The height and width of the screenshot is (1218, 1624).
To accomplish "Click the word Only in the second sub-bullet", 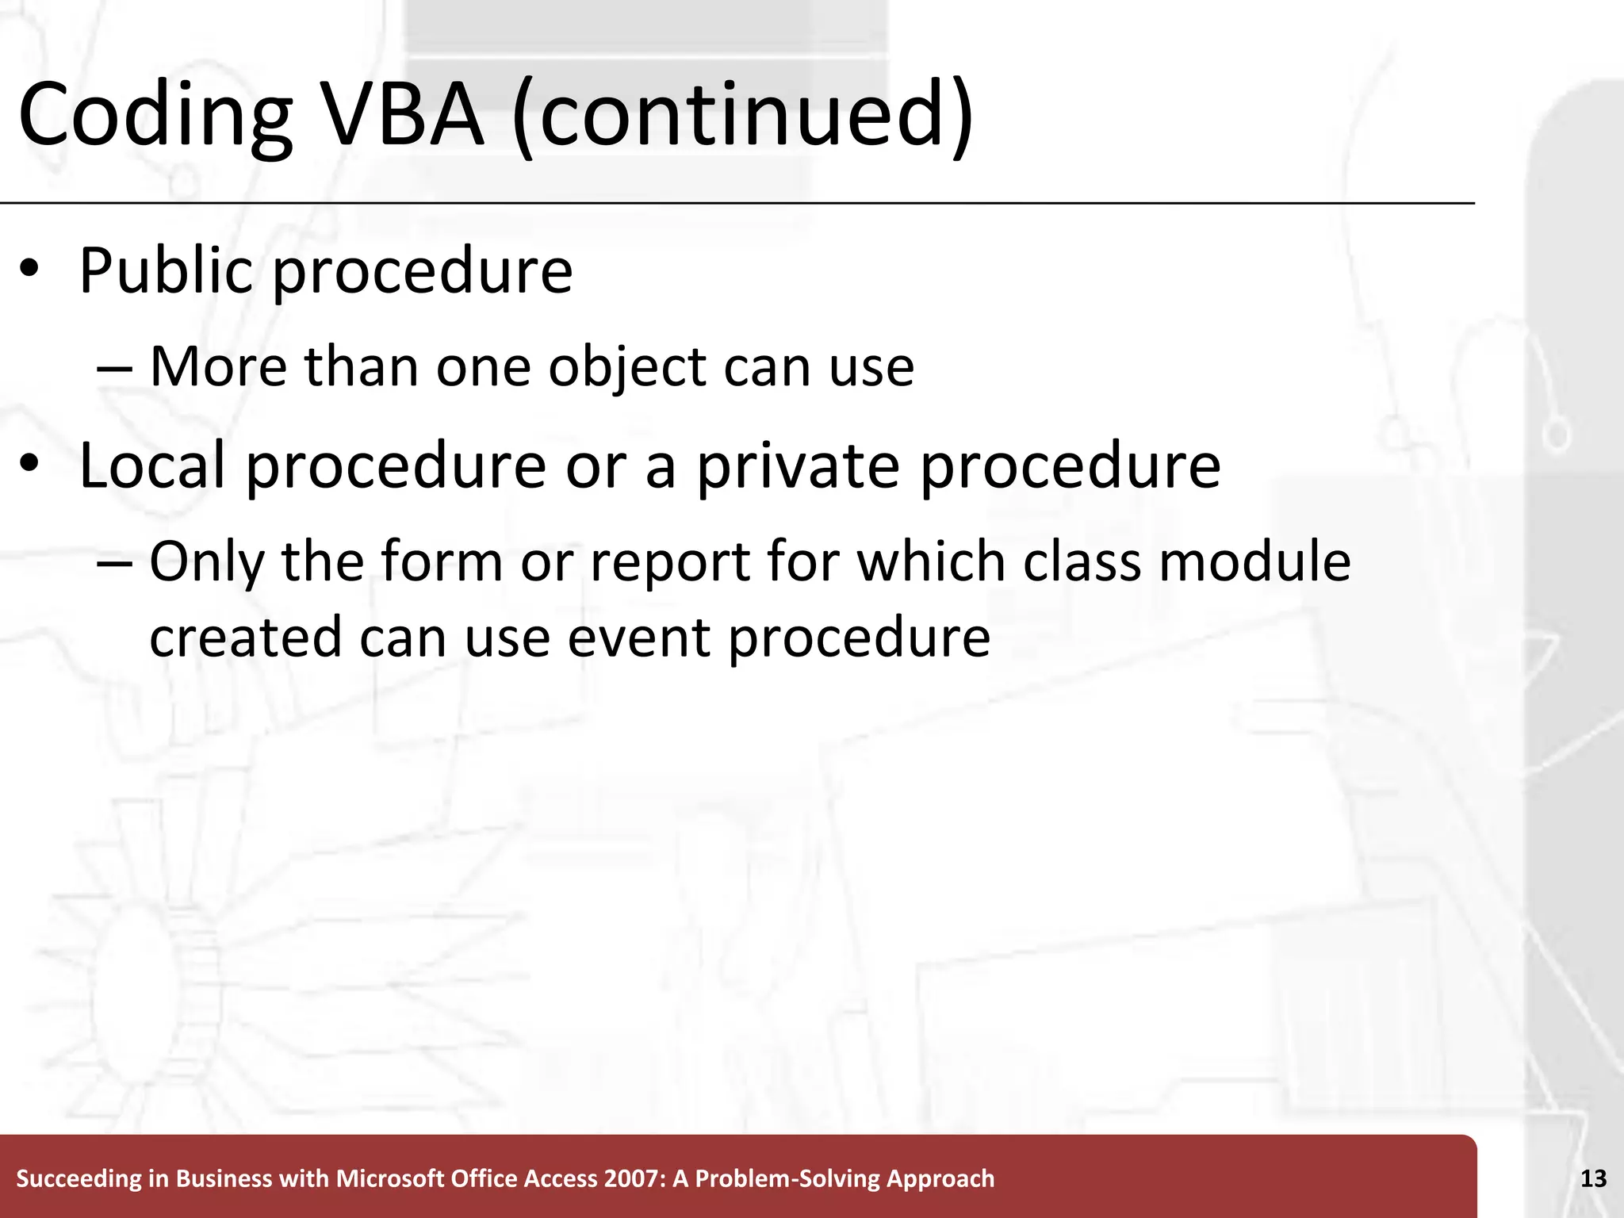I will point(206,562).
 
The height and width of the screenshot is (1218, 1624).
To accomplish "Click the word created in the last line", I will point(245,638).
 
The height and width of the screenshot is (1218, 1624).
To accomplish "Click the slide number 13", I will point(1593,1178).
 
